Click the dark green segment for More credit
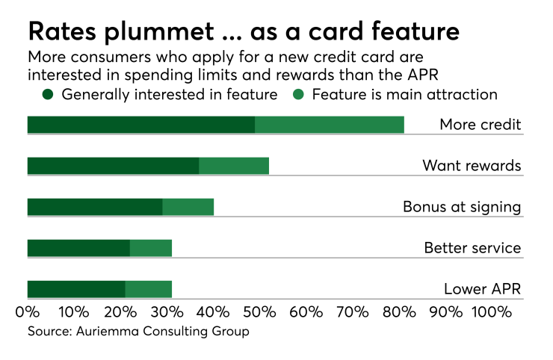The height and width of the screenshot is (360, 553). (x=140, y=125)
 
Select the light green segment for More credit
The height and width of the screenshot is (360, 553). (x=330, y=125)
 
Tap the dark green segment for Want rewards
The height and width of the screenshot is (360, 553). (x=113, y=166)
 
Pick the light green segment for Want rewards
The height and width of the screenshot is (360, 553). (x=234, y=166)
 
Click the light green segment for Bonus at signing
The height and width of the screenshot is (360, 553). (x=188, y=207)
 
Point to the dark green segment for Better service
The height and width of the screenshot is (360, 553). (x=78, y=248)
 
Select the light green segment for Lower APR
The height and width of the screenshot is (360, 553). (x=149, y=289)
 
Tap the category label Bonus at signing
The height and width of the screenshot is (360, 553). (x=461, y=207)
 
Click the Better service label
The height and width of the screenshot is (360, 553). (x=472, y=248)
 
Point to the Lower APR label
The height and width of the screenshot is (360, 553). (x=482, y=289)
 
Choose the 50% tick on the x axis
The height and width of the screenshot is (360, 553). (x=259, y=310)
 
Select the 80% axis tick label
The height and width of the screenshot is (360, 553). (x=398, y=310)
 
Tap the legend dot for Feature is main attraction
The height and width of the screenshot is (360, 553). (x=299, y=94)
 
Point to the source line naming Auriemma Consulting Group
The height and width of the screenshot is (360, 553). (x=138, y=331)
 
